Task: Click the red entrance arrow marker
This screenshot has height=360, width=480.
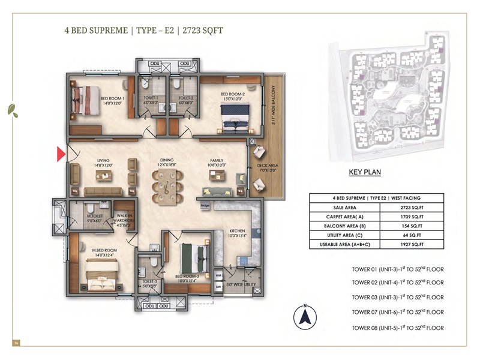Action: coord(61,154)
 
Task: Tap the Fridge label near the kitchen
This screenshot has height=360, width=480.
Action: coord(205,205)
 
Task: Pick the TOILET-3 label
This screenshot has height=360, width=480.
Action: coord(149,283)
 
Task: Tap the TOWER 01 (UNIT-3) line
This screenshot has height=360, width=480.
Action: coord(398,269)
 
